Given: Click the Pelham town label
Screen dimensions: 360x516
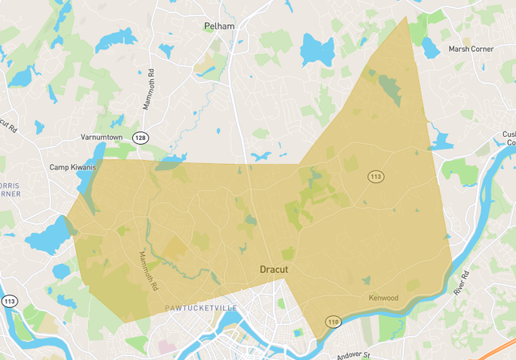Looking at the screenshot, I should coord(218,26).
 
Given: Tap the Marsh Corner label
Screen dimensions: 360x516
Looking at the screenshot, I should coord(470,49).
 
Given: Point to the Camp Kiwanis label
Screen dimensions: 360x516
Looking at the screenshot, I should coord(73,167).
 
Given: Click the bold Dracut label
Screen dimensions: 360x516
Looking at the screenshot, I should coord(274,270).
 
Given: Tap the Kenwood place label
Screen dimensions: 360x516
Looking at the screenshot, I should coord(382,298).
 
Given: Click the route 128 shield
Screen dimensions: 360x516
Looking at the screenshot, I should coord(141,138).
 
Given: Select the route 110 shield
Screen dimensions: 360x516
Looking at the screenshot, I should coord(332,321).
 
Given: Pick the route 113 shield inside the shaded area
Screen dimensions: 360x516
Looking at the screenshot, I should coord(374,175).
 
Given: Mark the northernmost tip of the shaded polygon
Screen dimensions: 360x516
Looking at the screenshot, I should coord(406,18).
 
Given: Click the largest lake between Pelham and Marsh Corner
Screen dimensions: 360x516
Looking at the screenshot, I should coord(317,50).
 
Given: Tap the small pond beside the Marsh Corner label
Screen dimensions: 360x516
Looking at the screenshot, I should coord(430,49).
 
